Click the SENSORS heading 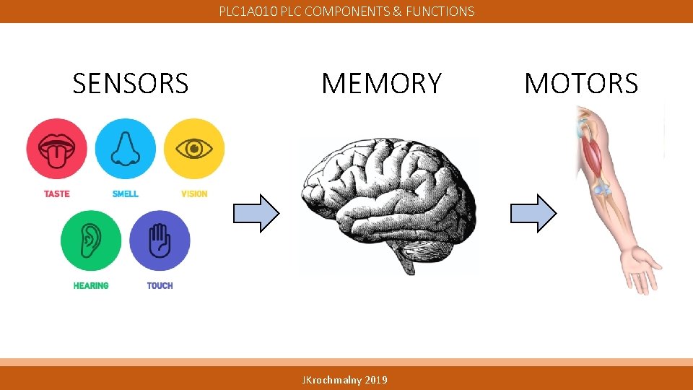click(131, 84)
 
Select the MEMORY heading click(381, 84)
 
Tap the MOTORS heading click(581, 84)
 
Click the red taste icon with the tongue click(56, 149)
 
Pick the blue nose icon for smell click(125, 149)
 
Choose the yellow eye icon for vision click(193, 149)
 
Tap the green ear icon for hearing click(91, 240)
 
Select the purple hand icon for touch click(160, 240)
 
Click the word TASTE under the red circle click(56, 194)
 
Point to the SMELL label click(125, 194)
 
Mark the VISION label click(193, 194)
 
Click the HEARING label click(91, 285)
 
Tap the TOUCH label click(160, 285)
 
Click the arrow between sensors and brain click(256, 213)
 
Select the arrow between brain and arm click(533, 213)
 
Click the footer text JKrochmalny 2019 click(345, 380)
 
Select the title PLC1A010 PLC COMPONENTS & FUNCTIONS click(346, 12)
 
